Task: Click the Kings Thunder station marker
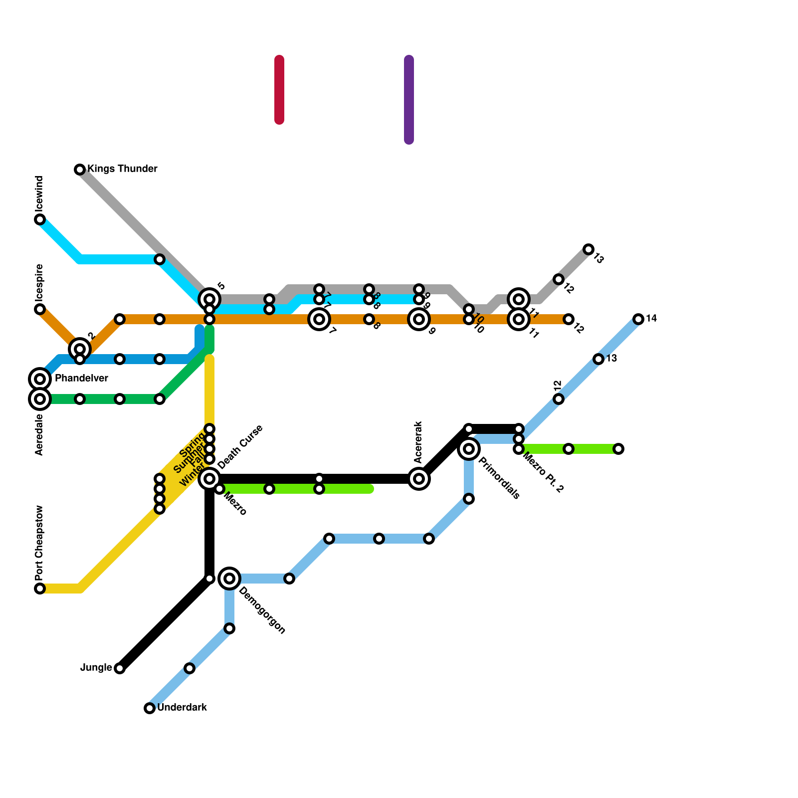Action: (x=80, y=170)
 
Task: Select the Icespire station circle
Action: (x=40, y=309)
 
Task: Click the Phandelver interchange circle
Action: (x=40, y=379)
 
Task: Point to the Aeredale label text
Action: (x=40, y=435)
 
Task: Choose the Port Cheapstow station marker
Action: (x=40, y=589)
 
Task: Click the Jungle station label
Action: (x=96, y=668)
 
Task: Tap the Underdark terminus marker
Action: (x=150, y=708)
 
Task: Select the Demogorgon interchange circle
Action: (x=229, y=579)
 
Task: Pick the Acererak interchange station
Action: (x=419, y=479)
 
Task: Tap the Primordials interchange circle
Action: (x=469, y=449)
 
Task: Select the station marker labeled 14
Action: (x=638, y=319)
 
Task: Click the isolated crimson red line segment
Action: (x=279, y=90)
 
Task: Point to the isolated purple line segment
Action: (x=409, y=100)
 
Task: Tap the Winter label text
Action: (x=192, y=476)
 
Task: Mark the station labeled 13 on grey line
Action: (x=589, y=249)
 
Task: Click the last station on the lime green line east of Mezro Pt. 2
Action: (x=618, y=449)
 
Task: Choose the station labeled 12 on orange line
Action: (x=569, y=319)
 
